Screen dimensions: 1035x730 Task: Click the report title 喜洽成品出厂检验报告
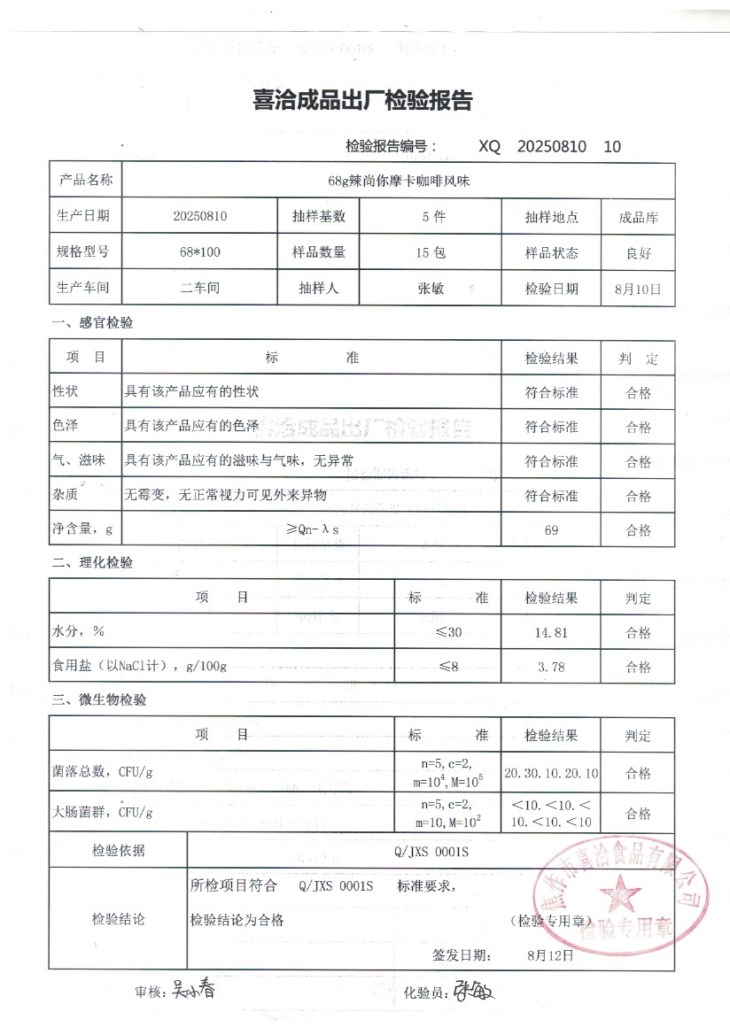(364, 101)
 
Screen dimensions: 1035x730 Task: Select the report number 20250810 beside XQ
(551, 147)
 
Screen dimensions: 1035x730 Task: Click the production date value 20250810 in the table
(200, 216)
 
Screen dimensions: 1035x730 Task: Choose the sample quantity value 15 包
(431, 252)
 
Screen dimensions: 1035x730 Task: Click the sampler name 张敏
(431, 288)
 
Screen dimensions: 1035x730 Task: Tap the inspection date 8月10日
(638, 288)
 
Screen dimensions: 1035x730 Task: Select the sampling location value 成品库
(638, 217)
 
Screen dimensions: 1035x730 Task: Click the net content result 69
(551, 530)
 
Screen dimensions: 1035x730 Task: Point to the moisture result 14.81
(551, 632)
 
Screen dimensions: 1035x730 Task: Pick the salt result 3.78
(551, 667)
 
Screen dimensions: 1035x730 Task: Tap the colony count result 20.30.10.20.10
(551, 773)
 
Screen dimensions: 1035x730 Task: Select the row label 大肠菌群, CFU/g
(103, 811)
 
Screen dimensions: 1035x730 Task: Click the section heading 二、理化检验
(93, 562)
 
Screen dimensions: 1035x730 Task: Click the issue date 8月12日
(549, 955)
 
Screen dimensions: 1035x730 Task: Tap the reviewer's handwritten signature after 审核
(192, 990)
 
